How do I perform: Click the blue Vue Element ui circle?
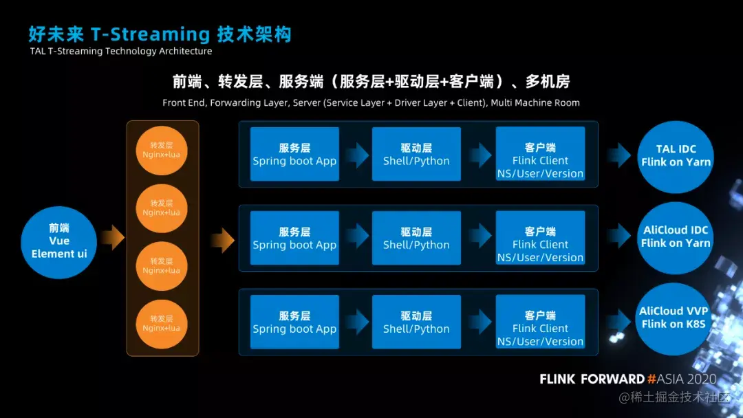(59, 241)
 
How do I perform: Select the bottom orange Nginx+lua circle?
(162, 322)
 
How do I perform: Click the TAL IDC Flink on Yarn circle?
(676, 155)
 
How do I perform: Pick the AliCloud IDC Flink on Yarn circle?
(676, 236)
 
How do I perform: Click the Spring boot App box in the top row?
(294, 154)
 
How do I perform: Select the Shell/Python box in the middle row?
(416, 238)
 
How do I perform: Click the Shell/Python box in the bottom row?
(416, 322)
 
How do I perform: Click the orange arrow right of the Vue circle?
(112, 238)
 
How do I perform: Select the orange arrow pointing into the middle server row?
(222, 240)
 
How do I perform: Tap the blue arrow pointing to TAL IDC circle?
(619, 155)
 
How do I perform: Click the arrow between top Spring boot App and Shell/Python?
(356, 155)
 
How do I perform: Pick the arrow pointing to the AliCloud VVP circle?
(619, 318)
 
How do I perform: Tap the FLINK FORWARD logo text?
(592, 379)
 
